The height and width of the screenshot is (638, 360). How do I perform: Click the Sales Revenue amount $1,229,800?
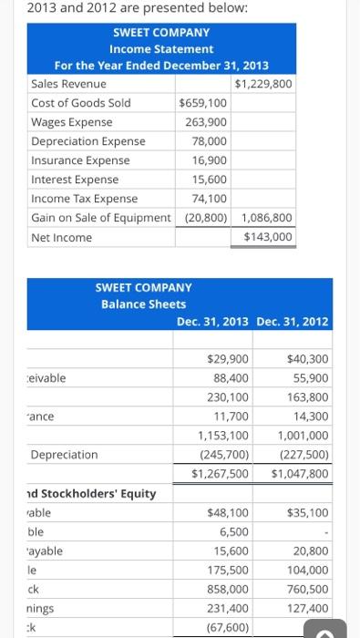[x=263, y=84]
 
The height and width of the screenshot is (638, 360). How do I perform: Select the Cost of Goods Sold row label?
[x=80, y=103]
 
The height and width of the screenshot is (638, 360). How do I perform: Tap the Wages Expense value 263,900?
[x=206, y=122]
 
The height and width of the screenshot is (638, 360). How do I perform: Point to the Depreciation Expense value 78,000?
[x=210, y=141]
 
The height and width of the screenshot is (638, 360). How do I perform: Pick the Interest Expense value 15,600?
[x=210, y=180]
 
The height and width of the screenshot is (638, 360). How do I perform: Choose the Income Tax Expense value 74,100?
[x=210, y=199]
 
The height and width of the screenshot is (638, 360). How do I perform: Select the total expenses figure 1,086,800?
[x=267, y=218]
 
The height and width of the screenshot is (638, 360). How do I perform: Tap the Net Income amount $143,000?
[x=268, y=237]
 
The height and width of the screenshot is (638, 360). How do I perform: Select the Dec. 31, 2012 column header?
[x=293, y=321]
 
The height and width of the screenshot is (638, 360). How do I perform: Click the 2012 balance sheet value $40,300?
[x=307, y=359]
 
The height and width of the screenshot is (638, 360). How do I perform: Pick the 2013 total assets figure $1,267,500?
[x=220, y=474]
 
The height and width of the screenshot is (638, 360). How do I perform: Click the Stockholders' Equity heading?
[x=91, y=494]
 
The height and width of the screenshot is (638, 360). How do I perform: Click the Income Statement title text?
[x=161, y=48]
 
